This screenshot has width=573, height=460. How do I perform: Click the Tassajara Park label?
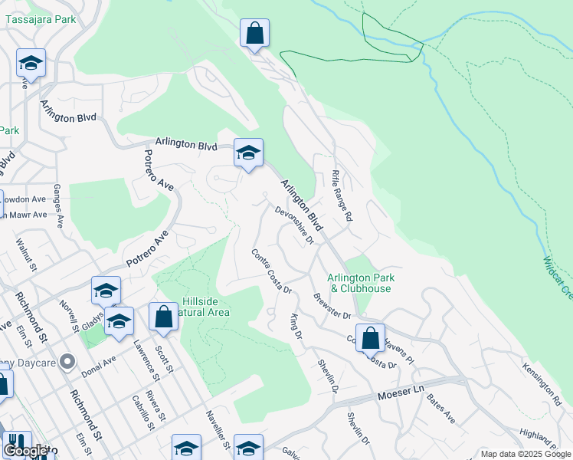(x=41, y=19)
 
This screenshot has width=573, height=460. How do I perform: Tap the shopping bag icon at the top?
(x=254, y=34)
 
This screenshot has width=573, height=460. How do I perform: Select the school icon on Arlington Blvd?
(x=248, y=153)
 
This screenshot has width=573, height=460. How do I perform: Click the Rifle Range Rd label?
(x=342, y=195)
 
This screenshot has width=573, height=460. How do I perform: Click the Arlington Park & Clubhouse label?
(x=360, y=283)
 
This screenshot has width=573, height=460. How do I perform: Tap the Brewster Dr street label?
(x=332, y=306)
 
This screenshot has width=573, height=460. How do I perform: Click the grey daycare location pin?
(x=67, y=360)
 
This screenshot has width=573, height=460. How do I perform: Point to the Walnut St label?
(x=28, y=255)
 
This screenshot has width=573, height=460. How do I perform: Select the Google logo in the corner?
(x=26, y=450)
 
